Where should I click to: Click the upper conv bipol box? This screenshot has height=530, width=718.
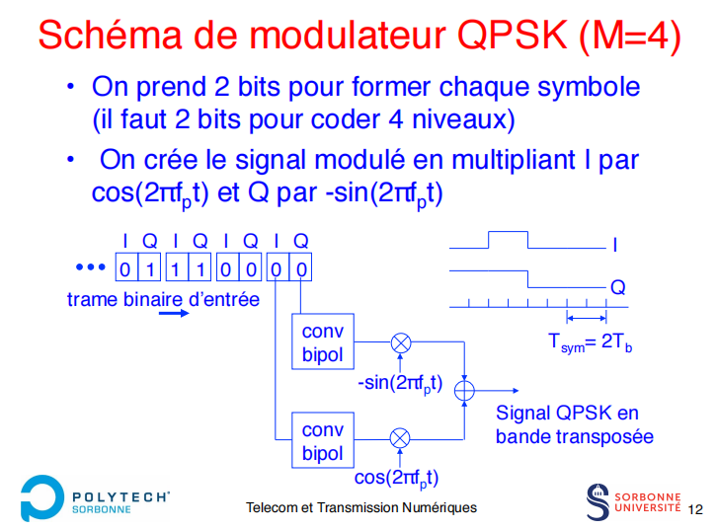tap(322, 342)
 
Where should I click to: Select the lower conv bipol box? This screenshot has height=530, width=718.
tap(322, 441)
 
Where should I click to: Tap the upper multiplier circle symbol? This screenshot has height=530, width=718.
tap(401, 342)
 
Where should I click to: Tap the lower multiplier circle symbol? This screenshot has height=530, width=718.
tap(400, 437)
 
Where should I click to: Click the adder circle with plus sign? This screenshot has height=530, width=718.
tap(464, 391)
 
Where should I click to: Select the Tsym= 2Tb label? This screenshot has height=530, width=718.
tap(591, 342)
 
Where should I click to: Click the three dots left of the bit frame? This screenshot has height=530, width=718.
tap(90, 267)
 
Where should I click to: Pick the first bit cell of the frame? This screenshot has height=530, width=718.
tap(124, 268)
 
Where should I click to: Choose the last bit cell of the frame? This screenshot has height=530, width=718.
tap(301, 268)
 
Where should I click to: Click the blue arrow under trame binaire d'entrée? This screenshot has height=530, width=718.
tap(173, 314)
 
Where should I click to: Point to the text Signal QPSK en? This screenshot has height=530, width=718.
tap(567, 413)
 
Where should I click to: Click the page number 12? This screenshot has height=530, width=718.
tap(695, 509)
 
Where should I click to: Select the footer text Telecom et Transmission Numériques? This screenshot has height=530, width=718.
tap(361, 507)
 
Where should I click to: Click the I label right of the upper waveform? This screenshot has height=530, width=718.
tap(615, 244)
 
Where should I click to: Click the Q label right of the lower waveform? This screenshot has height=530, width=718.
tap(617, 287)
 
